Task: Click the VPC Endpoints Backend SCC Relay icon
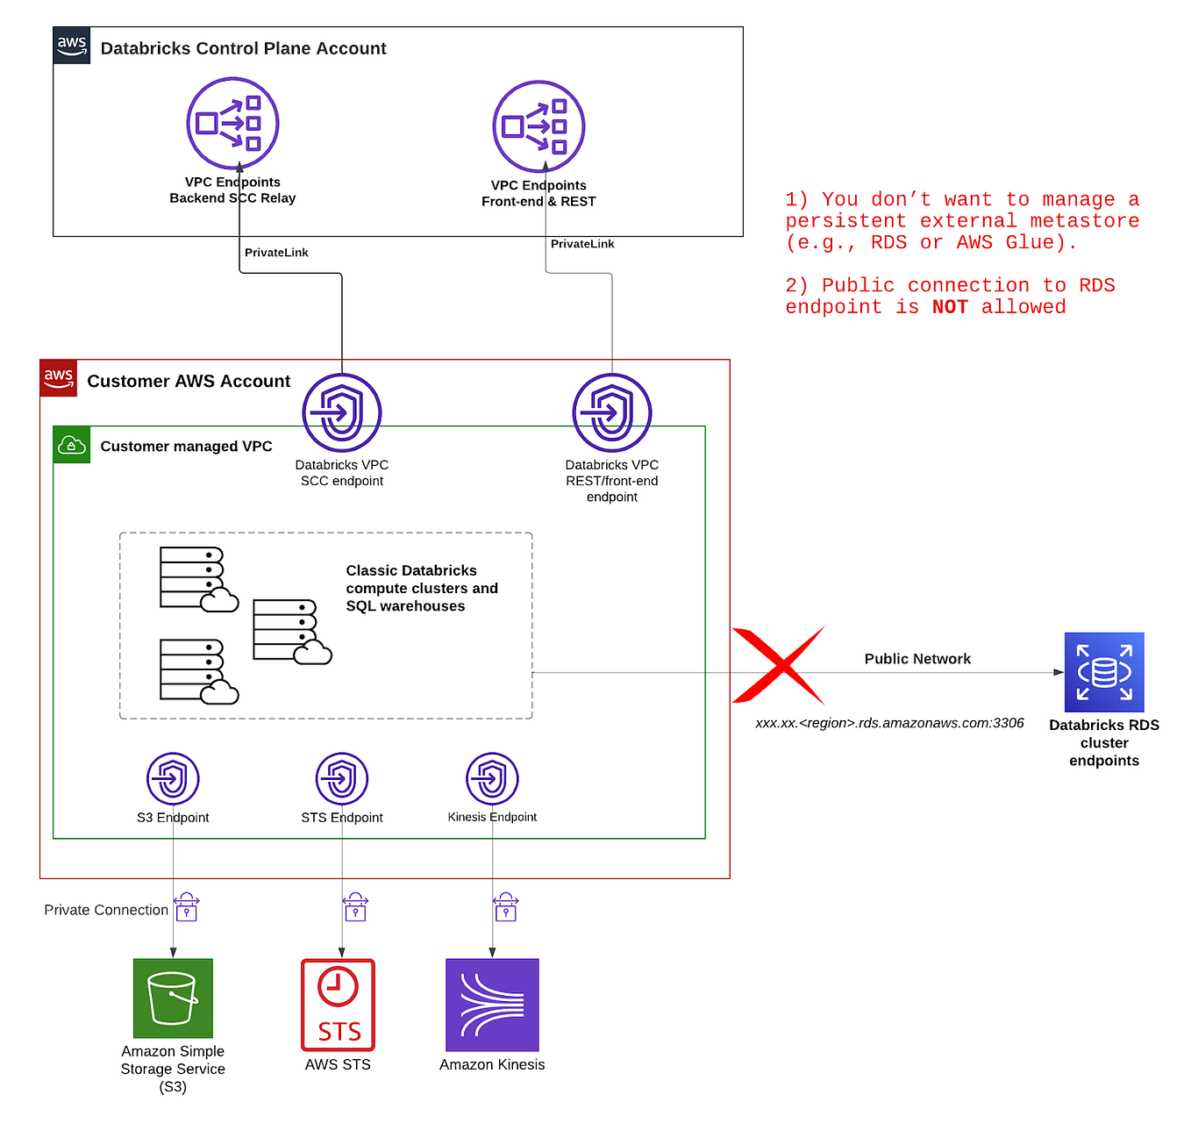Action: coord(232,124)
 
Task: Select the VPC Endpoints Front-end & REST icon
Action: coord(538,126)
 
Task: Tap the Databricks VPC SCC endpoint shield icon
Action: coord(342,412)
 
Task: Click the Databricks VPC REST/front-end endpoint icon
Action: coord(612,412)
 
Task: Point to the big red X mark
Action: coord(778,666)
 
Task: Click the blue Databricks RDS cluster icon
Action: coord(1104,672)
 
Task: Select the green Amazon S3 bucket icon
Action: coord(173,998)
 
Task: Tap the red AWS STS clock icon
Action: coord(338,1005)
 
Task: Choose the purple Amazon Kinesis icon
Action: coord(492,1005)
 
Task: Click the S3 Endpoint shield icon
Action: coord(173,778)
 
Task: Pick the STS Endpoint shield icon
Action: coord(342,778)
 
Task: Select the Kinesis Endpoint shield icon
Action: coord(492,778)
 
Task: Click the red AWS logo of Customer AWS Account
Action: coord(59,378)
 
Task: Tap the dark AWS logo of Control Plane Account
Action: coord(72,46)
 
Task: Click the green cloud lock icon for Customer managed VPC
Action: coord(72,445)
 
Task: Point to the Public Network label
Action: coord(917,659)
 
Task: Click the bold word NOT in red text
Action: coord(950,307)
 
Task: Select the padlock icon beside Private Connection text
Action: coord(187,907)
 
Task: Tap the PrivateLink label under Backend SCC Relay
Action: coord(276,253)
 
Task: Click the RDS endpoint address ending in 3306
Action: coord(889,723)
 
